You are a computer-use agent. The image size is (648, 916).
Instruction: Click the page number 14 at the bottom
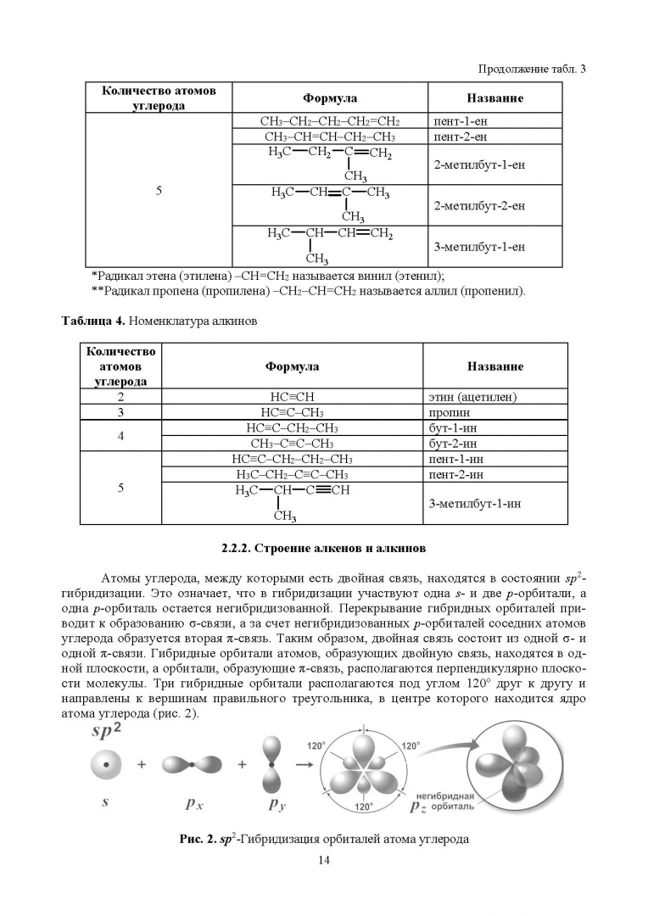(323, 861)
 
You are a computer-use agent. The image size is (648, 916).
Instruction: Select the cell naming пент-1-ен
(460, 121)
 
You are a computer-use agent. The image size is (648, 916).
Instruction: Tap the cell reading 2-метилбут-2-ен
(478, 205)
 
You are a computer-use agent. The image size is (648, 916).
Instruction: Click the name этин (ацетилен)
(473, 396)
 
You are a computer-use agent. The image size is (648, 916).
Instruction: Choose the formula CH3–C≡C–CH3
(292, 443)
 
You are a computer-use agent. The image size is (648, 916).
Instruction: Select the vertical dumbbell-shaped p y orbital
(271, 762)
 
